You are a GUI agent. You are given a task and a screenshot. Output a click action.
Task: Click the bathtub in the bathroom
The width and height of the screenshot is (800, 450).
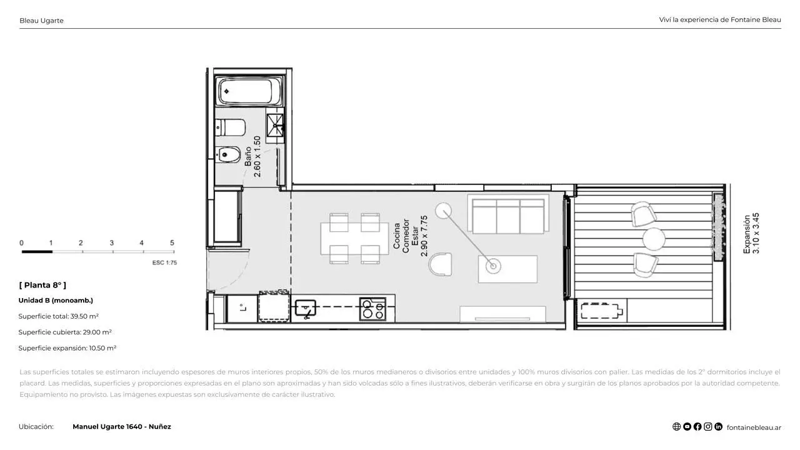click(x=250, y=91)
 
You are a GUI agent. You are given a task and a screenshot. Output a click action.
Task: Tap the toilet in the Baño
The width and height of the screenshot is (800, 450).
click(x=231, y=127)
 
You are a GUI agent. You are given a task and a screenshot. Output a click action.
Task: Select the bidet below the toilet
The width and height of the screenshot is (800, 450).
click(x=228, y=154)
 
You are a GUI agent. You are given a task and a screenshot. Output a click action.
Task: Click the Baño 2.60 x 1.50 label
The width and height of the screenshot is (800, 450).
click(x=253, y=157)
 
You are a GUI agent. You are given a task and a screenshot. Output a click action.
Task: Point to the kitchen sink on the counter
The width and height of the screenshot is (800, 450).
click(x=306, y=308)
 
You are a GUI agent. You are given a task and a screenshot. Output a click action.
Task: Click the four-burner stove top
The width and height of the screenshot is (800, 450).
click(x=373, y=309)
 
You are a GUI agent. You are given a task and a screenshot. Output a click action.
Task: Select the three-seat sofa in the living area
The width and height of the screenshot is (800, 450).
click(x=508, y=214)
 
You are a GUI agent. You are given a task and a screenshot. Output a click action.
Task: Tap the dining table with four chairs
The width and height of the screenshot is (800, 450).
click(x=354, y=239)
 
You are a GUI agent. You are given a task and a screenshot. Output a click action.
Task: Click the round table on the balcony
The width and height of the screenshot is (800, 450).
click(x=654, y=239)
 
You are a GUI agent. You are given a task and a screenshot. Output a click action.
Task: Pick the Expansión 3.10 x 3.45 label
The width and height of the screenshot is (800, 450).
click(x=751, y=234)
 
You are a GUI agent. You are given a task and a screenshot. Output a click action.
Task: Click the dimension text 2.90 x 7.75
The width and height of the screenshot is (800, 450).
click(x=424, y=236)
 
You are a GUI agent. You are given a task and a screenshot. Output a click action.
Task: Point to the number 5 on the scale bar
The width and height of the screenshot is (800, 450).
click(x=172, y=243)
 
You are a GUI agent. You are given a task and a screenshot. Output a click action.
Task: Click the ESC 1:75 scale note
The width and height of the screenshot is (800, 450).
click(x=164, y=263)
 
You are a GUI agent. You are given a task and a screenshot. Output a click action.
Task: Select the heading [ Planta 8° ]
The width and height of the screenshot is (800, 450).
click(x=42, y=285)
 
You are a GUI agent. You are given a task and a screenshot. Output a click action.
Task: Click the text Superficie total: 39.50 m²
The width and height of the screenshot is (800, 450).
click(x=59, y=316)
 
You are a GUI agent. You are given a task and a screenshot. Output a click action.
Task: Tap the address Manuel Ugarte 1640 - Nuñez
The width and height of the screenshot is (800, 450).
click(x=122, y=426)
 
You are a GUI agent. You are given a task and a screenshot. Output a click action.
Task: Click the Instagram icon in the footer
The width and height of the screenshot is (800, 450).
click(x=708, y=427)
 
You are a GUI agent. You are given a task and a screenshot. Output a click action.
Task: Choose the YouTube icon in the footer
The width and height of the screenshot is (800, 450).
click(x=687, y=427)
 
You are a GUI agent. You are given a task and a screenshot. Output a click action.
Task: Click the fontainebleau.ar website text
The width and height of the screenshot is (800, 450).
click(x=754, y=427)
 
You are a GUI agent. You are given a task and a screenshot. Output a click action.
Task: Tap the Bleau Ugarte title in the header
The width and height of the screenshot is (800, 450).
click(x=41, y=21)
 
